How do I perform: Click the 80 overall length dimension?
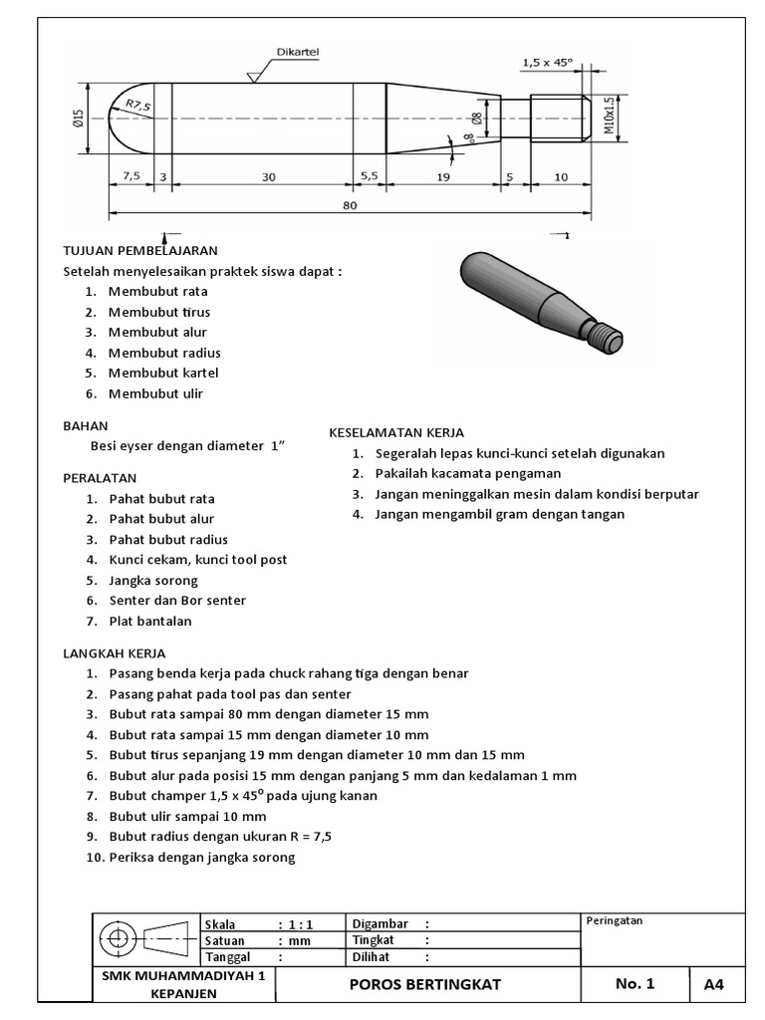350,205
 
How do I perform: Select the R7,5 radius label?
138,105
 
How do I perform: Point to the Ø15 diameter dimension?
78,119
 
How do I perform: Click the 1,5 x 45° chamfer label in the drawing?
547,63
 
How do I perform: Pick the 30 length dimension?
269,176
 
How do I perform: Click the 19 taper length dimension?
444,176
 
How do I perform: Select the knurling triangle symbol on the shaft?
256,75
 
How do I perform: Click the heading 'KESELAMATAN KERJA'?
396,432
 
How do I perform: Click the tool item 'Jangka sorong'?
153,580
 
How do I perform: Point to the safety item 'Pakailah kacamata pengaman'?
468,473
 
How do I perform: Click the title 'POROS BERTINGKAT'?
425,984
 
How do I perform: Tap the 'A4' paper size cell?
713,984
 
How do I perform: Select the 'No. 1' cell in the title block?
635,984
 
